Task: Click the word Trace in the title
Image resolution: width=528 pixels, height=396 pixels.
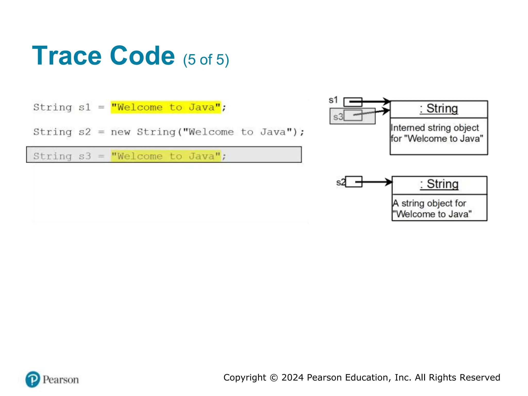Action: click(67, 56)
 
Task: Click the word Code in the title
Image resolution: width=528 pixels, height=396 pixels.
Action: click(142, 56)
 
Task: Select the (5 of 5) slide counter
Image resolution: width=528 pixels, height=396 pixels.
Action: click(206, 60)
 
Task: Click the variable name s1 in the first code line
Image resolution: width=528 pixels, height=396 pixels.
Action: click(85, 107)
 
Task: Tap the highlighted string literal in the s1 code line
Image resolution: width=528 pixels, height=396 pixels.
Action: click(166, 107)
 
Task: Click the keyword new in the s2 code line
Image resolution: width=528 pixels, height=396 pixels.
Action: click(120, 132)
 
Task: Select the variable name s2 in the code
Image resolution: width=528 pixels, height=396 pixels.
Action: click(85, 132)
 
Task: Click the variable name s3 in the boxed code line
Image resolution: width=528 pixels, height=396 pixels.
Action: click(85, 156)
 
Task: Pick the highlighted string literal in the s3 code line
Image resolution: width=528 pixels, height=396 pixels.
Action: click(166, 156)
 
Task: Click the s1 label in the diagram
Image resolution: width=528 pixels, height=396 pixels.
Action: click(333, 100)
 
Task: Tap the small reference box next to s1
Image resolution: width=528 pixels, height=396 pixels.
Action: click(353, 102)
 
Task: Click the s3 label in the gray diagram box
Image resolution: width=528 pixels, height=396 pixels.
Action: click(338, 117)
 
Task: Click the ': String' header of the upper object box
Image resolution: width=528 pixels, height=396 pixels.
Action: click(439, 109)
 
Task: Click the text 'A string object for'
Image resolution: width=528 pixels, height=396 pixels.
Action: click(429, 203)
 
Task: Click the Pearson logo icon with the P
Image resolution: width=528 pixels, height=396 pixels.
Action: click(33, 379)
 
